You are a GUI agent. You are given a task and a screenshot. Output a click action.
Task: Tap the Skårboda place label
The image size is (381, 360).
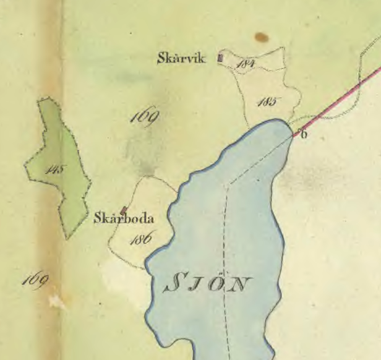coord(124,218)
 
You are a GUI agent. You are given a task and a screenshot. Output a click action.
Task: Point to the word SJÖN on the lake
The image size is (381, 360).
coord(208,284)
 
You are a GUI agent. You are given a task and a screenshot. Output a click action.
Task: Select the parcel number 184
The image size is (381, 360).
coord(246,64)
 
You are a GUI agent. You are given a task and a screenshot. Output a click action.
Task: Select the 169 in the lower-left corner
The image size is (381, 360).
coord(35,280)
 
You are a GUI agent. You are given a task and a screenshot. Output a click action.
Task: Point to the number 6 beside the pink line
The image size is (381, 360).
coord(302,134)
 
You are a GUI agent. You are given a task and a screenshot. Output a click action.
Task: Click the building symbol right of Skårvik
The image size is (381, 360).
coord(220,59)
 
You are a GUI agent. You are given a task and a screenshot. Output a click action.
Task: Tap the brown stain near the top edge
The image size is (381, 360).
coord(262,38)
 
